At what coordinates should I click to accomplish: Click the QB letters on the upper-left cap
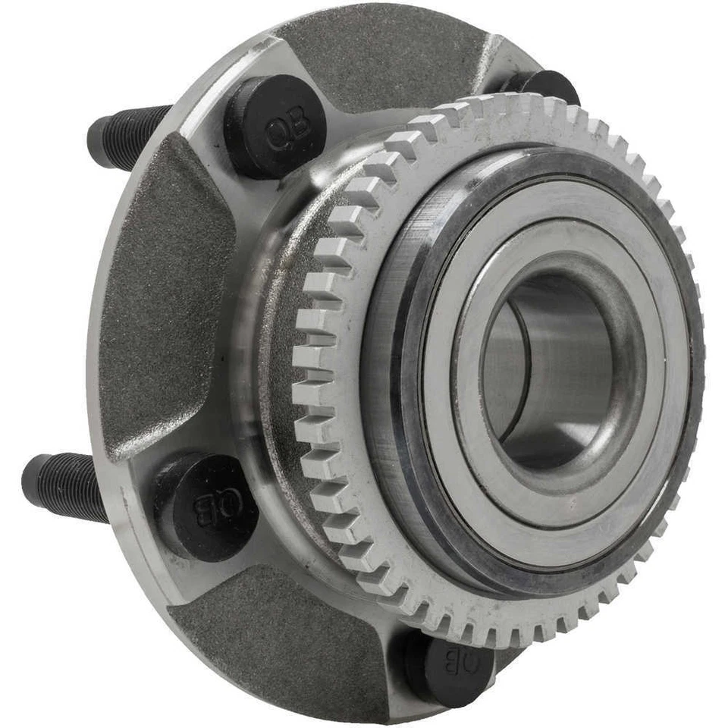[288, 129]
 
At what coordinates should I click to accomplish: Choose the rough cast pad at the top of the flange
[379, 61]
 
